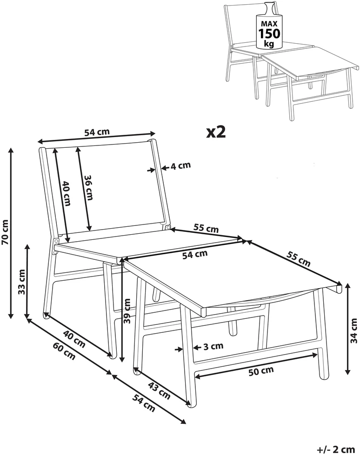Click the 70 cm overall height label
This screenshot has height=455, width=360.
coord(6,232)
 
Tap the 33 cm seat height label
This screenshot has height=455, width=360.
coord(22,282)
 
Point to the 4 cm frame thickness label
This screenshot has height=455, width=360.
coord(180,166)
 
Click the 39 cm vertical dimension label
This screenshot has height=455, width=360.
coord(127,311)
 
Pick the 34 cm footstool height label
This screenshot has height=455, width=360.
coord(353,331)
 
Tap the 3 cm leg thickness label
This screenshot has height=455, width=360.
coord(213,346)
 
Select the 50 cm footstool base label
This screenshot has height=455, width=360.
coord(261,371)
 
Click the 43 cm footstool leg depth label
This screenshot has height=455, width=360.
coord(159,390)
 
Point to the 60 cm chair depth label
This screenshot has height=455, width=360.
coord(64,351)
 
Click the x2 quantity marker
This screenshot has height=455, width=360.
coord(216,132)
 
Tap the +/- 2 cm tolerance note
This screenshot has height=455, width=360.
coord(336,449)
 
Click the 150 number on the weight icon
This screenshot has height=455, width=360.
coord(269,33)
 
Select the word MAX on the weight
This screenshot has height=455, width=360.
coord(269,24)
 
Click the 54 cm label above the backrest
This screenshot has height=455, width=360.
coord(97,132)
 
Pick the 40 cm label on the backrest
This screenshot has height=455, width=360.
coord(67,193)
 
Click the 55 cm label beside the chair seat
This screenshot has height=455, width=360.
coord(206,228)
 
